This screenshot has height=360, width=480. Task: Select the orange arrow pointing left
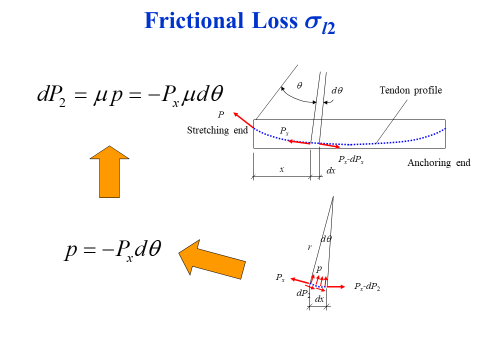click(212, 257)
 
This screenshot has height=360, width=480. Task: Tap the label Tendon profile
click(410, 90)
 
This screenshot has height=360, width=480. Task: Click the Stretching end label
click(217, 130)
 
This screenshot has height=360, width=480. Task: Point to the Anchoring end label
click(438, 163)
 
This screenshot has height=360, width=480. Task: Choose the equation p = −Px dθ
click(113, 249)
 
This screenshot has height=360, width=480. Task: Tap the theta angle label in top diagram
click(299, 85)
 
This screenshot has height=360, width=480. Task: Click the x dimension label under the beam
click(281, 169)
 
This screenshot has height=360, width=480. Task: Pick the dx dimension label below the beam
click(331, 170)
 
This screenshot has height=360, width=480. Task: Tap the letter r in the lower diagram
click(309, 247)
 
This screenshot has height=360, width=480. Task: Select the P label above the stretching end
click(220, 115)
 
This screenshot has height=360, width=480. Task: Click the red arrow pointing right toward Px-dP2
click(336, 286)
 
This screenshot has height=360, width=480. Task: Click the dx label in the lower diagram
click(319, 299)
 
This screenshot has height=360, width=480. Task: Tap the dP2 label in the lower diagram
click(303, 294)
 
